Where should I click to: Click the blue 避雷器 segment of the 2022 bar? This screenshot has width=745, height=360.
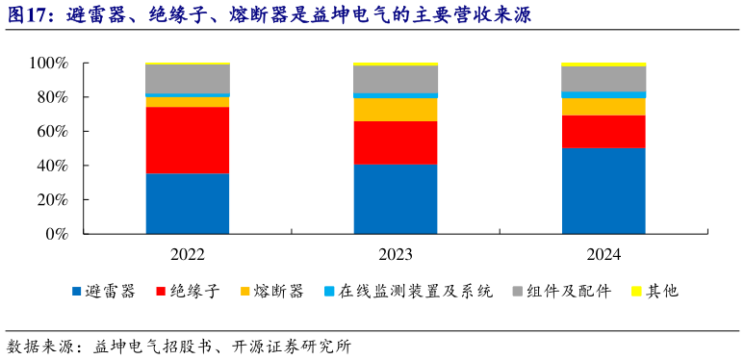[188, 203]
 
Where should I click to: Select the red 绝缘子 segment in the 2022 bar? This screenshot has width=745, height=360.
[188, 141]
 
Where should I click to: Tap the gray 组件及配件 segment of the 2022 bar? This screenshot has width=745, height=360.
[188, 79]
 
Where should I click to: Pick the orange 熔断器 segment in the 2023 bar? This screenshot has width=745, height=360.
[396, 110]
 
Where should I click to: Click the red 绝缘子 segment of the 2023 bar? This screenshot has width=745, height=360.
[396, 142]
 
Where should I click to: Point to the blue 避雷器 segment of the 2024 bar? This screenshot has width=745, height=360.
[604, 191]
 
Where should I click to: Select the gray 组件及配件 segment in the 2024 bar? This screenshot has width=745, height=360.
[604, 79]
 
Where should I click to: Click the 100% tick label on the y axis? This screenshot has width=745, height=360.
[48, 64]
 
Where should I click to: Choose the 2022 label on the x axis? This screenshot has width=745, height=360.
[188, 255]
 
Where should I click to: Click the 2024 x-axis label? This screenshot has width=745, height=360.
[604, 255]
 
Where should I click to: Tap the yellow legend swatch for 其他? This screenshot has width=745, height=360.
[636, 291]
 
